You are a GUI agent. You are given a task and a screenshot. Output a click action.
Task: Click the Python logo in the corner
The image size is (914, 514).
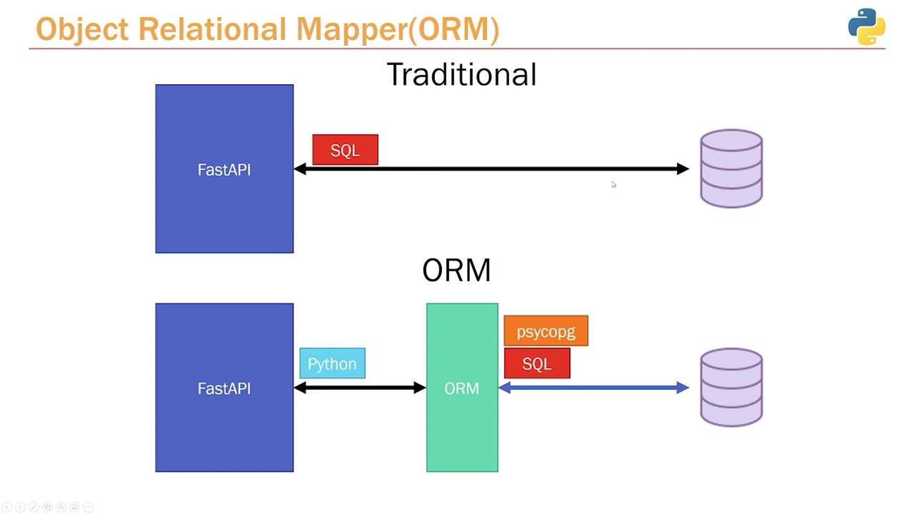pos(866,26)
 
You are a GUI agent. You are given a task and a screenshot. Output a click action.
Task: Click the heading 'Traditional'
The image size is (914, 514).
pos(461,75)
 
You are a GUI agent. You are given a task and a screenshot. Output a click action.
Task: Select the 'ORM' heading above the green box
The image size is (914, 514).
pos(456,271)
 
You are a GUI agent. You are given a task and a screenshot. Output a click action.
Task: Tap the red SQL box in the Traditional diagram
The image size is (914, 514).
pos(345,150)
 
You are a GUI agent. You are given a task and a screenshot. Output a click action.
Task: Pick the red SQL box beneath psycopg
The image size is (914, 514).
pos(537,363)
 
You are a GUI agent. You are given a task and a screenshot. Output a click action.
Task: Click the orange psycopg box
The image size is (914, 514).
pos(546,331)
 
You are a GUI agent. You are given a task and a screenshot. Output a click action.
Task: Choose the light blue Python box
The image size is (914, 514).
pos(332,363)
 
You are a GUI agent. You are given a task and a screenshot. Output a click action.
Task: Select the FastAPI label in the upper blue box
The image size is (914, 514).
pos(224,170)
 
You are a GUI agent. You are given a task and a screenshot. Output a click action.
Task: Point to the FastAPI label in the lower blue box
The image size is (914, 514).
pos(224,388)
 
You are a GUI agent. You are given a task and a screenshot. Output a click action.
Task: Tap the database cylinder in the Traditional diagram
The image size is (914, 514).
pos(731,168)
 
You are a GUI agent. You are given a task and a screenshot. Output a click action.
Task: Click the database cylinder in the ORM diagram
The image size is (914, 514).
pos(731,388)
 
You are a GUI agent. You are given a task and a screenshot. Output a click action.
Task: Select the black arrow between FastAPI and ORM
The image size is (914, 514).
pos(359,388)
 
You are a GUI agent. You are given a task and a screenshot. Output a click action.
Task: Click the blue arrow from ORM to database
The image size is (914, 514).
pos(593,388)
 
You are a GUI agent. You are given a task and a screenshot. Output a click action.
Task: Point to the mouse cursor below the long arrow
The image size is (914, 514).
pos(613,185)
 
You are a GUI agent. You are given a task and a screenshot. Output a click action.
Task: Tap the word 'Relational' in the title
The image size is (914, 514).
pos(212,29)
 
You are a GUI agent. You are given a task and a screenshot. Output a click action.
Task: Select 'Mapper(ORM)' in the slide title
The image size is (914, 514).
pos(397,29)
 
